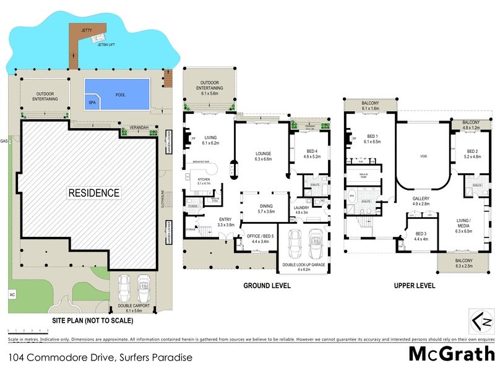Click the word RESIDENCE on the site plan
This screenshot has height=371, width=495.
94,193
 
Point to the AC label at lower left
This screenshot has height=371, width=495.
12,294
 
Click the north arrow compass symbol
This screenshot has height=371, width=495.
482,321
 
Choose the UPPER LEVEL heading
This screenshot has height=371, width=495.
414,286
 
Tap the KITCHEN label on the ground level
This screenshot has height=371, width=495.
204,180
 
